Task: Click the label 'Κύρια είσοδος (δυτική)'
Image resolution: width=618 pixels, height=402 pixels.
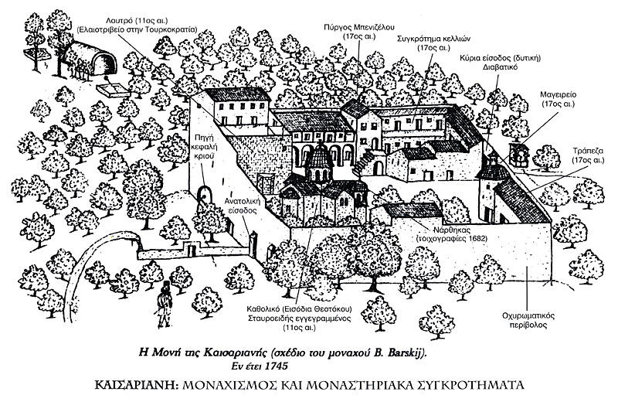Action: coord(509,57)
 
